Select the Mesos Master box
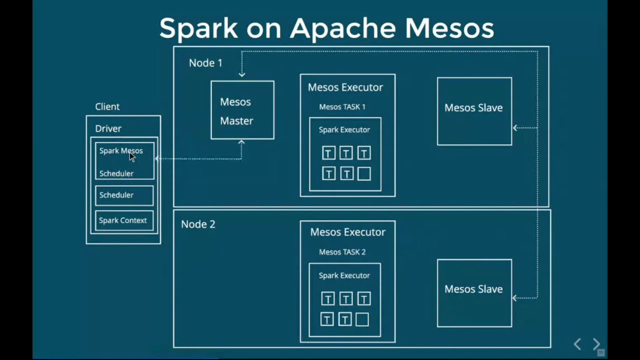pos(242,110)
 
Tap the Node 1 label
pos(205,63)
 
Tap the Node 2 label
pos(198,224)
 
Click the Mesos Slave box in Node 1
pos(474,111)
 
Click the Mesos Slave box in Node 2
pos(474,292)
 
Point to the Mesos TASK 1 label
pos(342,107)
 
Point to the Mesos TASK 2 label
pos(342,252)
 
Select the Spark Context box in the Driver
pos(124,220)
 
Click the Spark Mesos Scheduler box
pos(124,161)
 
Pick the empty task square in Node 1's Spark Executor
pos(364,173)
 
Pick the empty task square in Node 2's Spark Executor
pos(362,319)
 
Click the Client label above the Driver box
pos(107,106)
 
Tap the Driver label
pos(108,128)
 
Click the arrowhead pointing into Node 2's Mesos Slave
pos(515,298)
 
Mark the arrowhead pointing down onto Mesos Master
pos(242,74)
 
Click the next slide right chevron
pos(596,344)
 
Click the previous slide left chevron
pos(577,344)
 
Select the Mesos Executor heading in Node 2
pos(347,232)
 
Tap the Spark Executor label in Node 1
pos(344,130)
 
